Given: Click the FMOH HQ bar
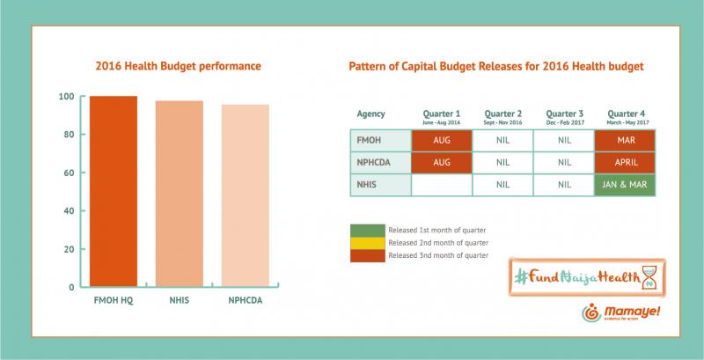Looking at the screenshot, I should [114, 191].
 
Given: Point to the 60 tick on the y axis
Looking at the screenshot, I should [68, 173].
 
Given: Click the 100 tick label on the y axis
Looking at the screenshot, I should [66, 96].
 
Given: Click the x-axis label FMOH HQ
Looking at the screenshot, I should [114, 301].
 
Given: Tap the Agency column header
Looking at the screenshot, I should [370, 114].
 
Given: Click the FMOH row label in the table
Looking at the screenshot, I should [370, 140].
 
